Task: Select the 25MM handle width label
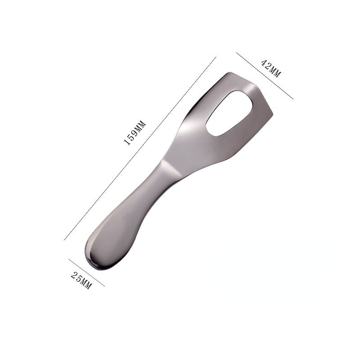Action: pyautogui.click(x=81, y=281)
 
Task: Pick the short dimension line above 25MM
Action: pyautogui.click(x=86, y=273)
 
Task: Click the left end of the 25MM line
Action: pyautogui.click(x=69, y=259)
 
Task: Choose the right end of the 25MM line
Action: pyautogui.click(x=104, y=286)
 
